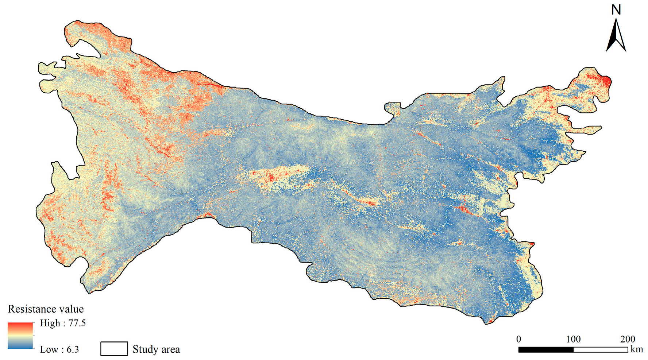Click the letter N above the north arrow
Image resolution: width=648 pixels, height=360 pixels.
pos(616,9)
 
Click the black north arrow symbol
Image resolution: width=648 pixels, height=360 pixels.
pos(616,36)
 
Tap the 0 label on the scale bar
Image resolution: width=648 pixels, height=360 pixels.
pos(518,339)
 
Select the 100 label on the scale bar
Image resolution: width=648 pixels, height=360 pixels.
pos(573,339)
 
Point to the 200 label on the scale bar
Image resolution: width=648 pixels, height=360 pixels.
pos(628,339)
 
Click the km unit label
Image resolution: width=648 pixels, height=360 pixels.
pos(637,349)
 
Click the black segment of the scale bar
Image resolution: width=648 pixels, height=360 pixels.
pos(546,349)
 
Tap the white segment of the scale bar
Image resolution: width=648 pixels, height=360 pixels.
pos(601,349)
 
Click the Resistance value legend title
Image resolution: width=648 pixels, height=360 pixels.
pos(46,309)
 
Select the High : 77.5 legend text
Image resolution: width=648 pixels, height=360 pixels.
pos(63,323)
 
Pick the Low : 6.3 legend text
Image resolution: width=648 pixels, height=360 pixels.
pos(59,349)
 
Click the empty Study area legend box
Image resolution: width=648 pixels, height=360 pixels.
pos(114,349)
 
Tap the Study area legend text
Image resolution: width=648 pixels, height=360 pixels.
pos(156,349)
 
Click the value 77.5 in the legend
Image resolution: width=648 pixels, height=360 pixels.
pos(77,323)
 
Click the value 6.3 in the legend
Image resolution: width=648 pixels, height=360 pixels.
pos(73,349)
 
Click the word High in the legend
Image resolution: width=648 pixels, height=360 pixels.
pos(50,323)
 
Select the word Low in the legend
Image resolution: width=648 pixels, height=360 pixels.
pos(49,349)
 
